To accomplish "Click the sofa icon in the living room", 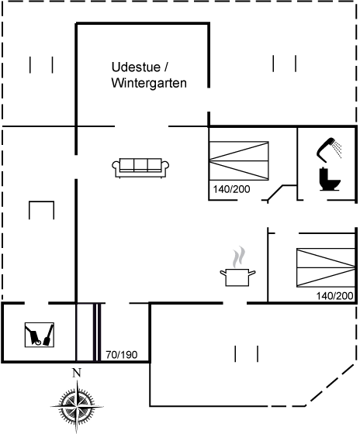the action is [140, 167].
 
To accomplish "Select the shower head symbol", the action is [326, 150].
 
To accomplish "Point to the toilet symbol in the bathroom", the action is [330, 179].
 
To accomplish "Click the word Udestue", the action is [136, 67].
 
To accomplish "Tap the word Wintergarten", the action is [149, 83].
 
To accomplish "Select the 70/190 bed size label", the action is [121, 355].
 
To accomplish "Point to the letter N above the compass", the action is [77, 373].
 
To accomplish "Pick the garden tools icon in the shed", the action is [40, 335].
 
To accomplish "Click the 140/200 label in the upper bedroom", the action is [231, 189].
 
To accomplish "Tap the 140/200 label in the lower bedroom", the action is [334, 296].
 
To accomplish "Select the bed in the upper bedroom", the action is [239, 161].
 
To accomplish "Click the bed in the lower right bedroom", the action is [326, 267].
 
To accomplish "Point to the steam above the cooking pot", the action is [239, 257].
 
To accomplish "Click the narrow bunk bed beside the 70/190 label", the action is [85, 332].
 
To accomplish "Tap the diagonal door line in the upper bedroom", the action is [275, 192].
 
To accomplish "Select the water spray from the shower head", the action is [337, 150].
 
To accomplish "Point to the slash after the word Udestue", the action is [166, 67].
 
